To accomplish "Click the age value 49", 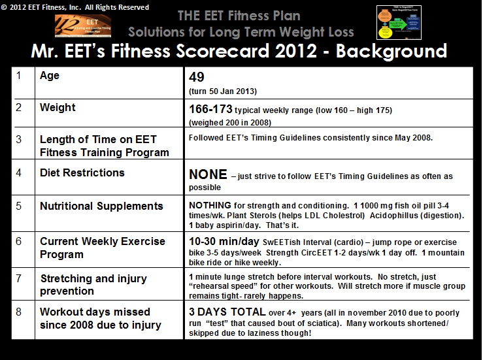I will (197, 77).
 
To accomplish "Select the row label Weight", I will (58, 108).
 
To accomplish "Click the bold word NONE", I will (208, 175).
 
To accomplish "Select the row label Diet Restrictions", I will (82, 173).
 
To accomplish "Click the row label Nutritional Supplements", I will (101, 206).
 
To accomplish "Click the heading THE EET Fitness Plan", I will (239, 14).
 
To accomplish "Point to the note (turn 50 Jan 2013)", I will (222, 91).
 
